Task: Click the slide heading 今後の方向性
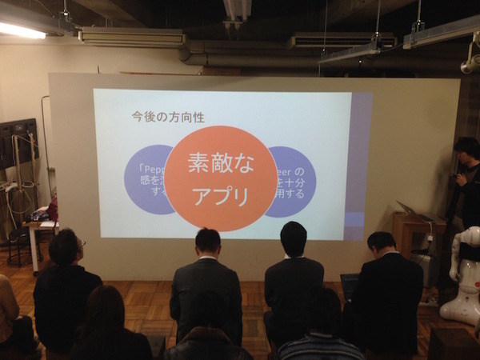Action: click(x=168, y=117)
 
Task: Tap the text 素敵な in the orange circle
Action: click(x=220, y=162)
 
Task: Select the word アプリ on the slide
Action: click(x=220, y=196)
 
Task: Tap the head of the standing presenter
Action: click(x=467, y=150)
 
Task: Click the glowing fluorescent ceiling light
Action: click(x=21, y=30)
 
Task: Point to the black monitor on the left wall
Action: click(x=18, y=143)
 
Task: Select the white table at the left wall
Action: click(x=36, y=227)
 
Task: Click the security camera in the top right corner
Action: click(x=470, y=62)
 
